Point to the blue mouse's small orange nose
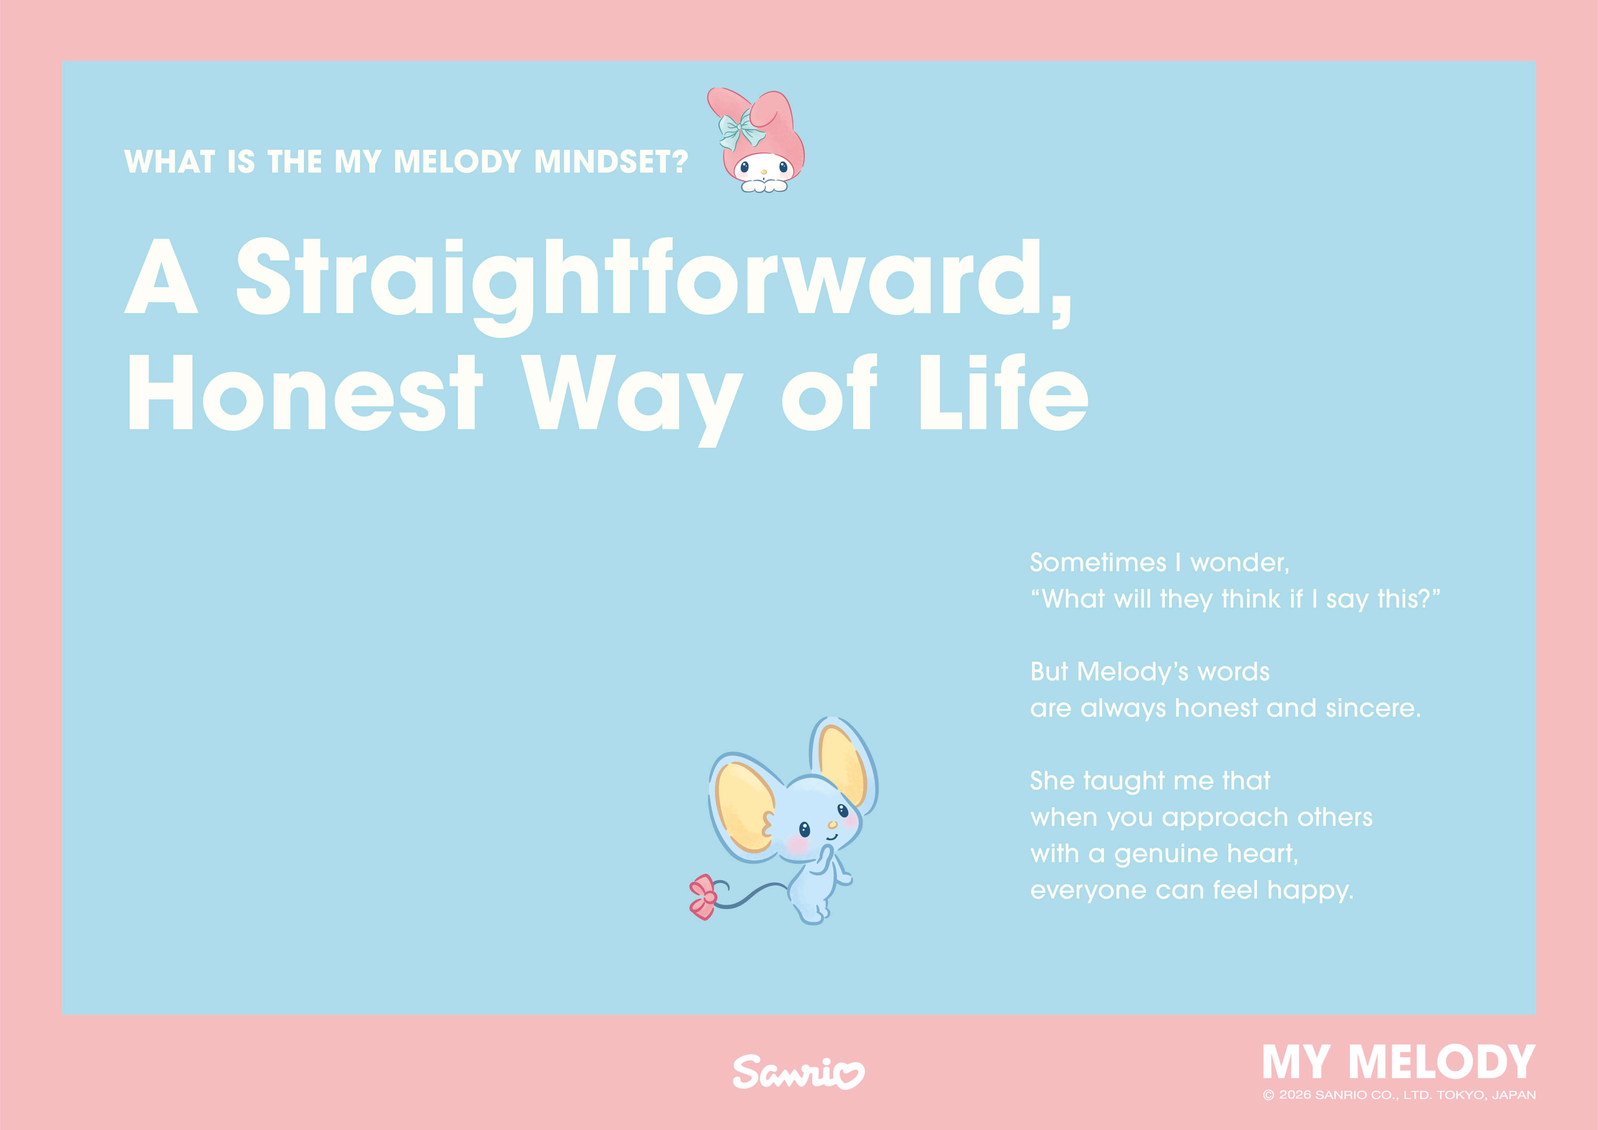click(x=832, y=825)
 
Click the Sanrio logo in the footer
click(x=798, y=1072)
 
